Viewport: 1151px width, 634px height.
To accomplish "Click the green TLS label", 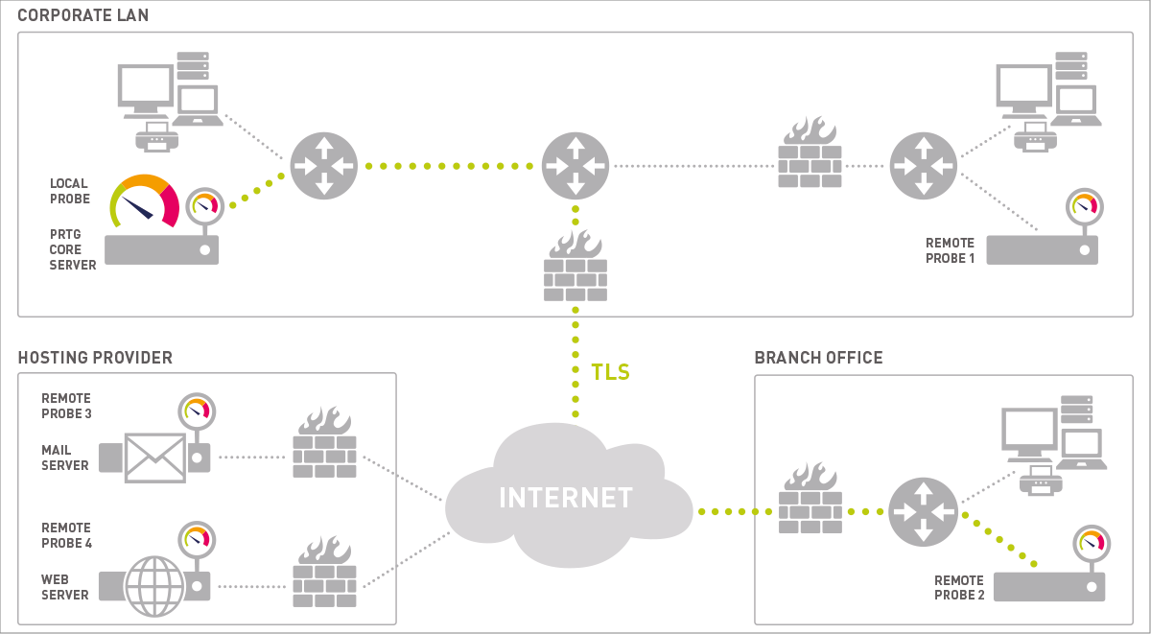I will coord(611,372).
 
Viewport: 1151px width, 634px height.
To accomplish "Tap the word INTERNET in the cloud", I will coord(566,498).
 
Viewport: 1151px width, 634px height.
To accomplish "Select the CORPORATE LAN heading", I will coord(83,16).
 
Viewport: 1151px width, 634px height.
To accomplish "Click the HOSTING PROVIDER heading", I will coord(95,358).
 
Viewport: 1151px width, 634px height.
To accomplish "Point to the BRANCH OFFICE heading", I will coord(818,358).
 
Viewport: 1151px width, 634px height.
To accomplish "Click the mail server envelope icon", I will coord(155,457).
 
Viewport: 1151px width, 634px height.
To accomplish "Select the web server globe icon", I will coord(155,585).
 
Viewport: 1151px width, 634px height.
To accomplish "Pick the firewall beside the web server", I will coord(324,573).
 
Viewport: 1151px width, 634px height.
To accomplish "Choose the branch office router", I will coord(923,511).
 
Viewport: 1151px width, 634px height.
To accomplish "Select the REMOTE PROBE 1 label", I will coord(950,250).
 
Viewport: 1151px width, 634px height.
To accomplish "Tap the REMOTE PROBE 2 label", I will coord(959,588).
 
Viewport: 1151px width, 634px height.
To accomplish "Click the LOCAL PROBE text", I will coord(70,191).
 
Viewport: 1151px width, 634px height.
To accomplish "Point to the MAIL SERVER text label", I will coord(65,458).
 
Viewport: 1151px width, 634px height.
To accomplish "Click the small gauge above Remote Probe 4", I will coord(196,540).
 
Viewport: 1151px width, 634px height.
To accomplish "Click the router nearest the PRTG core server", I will coord(324,166).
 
